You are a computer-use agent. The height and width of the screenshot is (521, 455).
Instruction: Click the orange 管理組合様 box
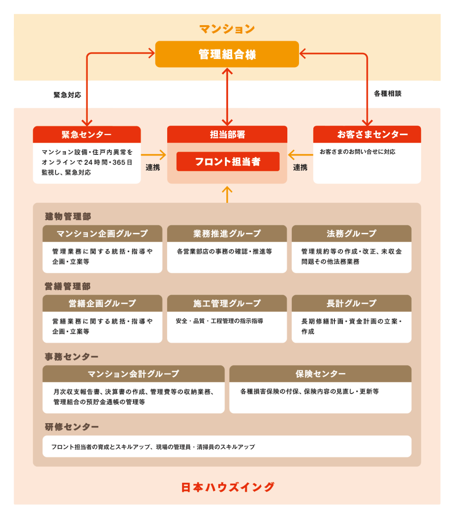pyautogui.click(x=227, y=54)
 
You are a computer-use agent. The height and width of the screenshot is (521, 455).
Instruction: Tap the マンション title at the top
pyautogui.click(x=227, y=29)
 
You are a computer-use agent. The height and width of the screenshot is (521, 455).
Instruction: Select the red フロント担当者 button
pyautogui.click(x=228, y=162)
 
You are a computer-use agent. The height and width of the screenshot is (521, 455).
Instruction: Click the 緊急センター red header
pyautogui.click(x=87, y=135)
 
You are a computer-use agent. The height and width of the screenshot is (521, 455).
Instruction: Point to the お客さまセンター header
pyautogui.click(x=367, y=134)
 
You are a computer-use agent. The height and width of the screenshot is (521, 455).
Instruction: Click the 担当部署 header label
pyautogui.click(x=227, y=135)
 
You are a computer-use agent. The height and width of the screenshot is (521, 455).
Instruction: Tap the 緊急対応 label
pyautogui.click(x=67, y=95)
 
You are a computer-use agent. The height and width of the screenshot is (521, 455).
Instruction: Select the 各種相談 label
pyautogui.click(x=388, y=94)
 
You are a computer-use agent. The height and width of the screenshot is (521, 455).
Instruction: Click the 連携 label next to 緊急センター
pyautogui.click(x=153, y=167)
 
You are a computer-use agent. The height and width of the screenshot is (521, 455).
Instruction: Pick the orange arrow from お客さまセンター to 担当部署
pyautogui.click(x=300, y=155)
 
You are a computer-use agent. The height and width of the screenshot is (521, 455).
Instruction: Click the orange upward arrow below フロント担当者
pyautogui.click(x=227, y=195)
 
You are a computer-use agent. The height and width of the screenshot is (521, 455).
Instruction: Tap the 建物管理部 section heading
pyautogui.click(x=68, y=217)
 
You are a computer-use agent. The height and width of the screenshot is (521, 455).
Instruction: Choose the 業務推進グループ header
pyautogui.click(x=227, y=234)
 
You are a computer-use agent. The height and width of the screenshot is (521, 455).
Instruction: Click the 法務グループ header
pyautogui.click(x=351, y=234)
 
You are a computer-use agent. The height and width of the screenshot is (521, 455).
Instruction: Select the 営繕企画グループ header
pyautogui.click(x=103, y=303)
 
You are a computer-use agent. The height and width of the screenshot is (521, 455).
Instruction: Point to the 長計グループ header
pyautogui.click(x=351, y=303)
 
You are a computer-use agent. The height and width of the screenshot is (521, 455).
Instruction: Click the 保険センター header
pyautogui.click(x=320, y=374)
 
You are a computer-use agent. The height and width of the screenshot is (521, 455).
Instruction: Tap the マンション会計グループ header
pyautogui.click(x=134, y=374)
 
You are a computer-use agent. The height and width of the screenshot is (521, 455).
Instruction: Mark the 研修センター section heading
pyautogui.click(x=72, y=427)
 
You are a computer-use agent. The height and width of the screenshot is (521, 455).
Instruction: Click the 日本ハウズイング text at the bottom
pyautogui.click(x=228, y=487)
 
